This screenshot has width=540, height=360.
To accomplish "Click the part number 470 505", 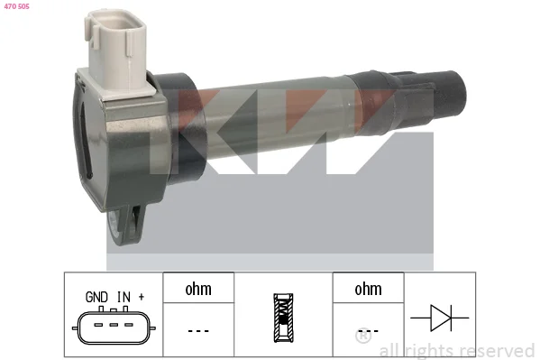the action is (16, 6).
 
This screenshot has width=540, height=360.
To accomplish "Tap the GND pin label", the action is (96, 297).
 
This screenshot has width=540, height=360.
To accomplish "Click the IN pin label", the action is (124, 297).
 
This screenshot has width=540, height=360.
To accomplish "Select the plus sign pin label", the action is (142, 297).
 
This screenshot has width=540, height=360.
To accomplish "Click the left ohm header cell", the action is (198, 288).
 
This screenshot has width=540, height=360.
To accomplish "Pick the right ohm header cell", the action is (368, 288).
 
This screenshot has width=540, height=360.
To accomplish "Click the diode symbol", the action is (440, 318).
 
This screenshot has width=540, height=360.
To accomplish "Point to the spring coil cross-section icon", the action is (283, 318).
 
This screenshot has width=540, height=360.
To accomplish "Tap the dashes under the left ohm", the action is (198, 331).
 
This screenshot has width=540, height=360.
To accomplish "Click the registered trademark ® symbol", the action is (363, 335).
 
